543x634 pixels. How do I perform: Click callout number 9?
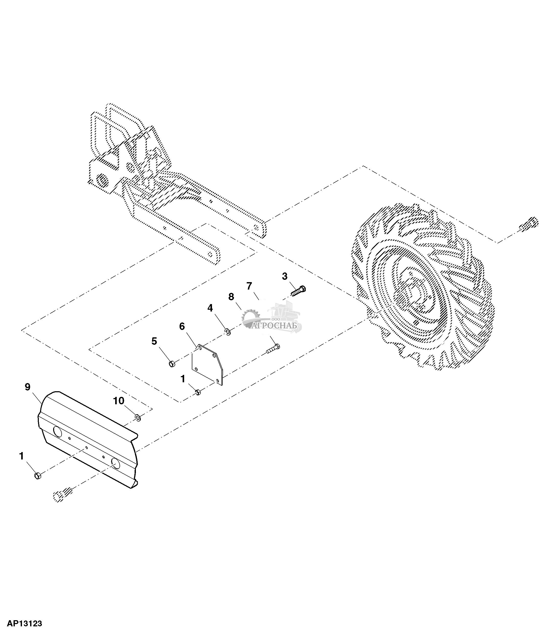pyautogui.click(x=28, y=387)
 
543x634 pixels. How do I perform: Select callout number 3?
pyautogui.click(x=285, y=276)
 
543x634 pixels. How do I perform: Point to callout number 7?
pyautogui.click(x=249, y=286)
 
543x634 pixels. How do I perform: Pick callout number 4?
pyautogui.click(x=210, y=308)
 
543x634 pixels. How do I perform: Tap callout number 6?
pyautogui.click(x=182, y=327)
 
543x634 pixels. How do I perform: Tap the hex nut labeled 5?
pyautogui.click(x=172, y=364)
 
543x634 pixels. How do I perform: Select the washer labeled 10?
pyautogui.click(x=138, y=417)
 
